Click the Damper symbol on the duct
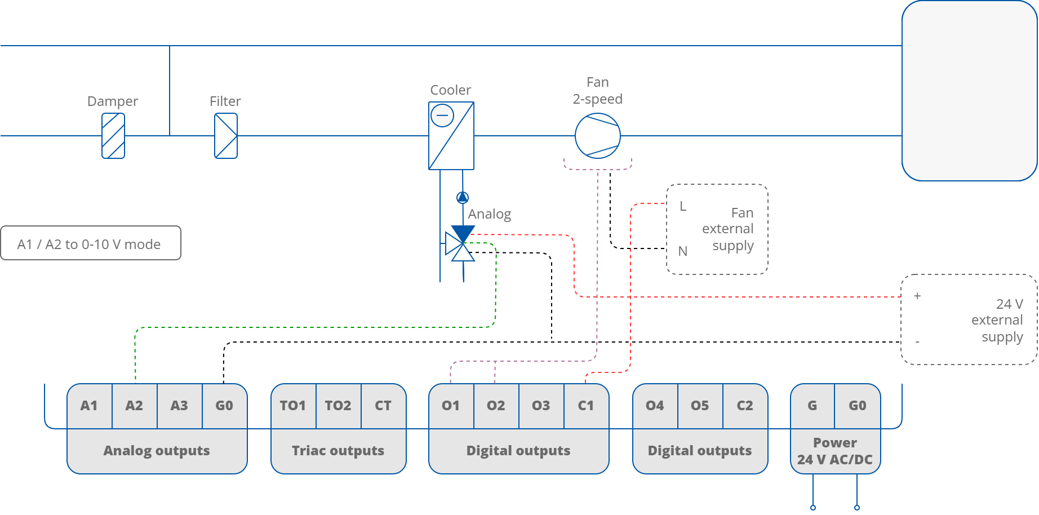click(x=113, y=136)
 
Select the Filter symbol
click(x=226, y=136)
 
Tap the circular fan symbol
click(x=598, y=136)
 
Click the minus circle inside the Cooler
click(x=442, y=116)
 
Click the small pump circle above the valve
click(x=463, y=197)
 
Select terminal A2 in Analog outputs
click(x=134, y=406)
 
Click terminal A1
click(x=89, y=406)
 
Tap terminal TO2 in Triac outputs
click(x=338, y=406)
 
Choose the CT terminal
click(x=383, y=406)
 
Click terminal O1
click(x=451, y=406)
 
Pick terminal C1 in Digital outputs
click(x=586, y=406)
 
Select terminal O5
click(x=700, y=406)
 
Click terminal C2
click(x=745, y=406)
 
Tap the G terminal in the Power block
click(x=812, y=406)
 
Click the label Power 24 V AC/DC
click(x=835, y=451)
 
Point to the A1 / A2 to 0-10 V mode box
click(x=91, y=243)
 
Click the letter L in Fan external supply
click(x=683, y=206)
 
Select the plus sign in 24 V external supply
click(x=917, y=296)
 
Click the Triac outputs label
click(x=338, y=451)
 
